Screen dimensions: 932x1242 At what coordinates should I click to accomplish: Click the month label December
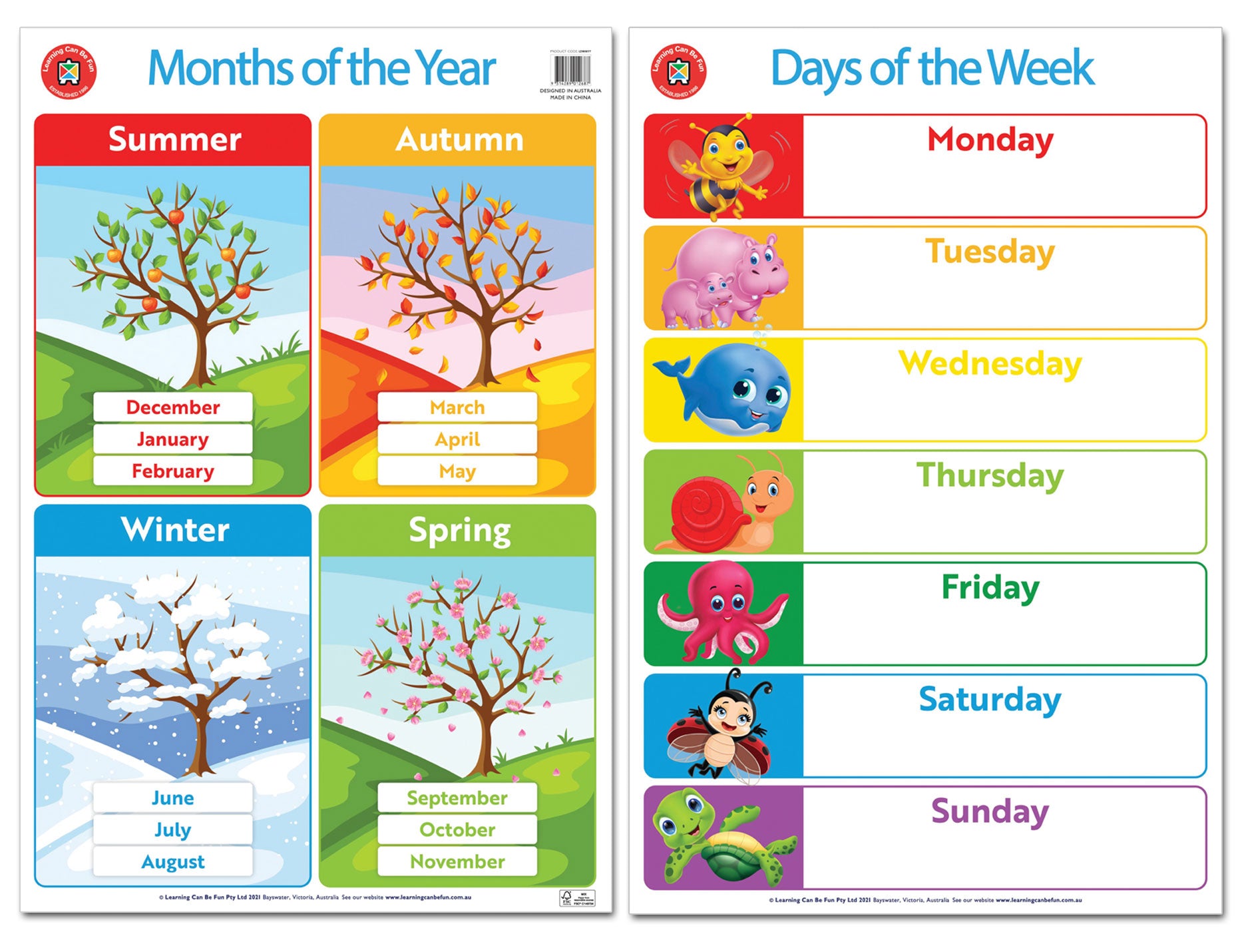pyautogui.click(x=172, y=407)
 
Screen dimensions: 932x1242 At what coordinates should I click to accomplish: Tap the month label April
pyautogui.click(x=457, y=439)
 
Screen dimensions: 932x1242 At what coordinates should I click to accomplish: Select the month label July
pyautogui.click(x=172, y=829)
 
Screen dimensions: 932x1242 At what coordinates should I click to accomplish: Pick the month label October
pyautogui.click(x=457, y=829)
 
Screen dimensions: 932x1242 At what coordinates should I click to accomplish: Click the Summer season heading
pyautogui.click(x=174, y=140)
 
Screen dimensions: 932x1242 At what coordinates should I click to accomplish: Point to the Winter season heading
pyautogui.click(x=175, y=530)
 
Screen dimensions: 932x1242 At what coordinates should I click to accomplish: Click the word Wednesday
pyautogui.click(x=990, y=364)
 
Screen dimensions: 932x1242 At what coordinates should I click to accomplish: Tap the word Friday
pyautogui.click(x=990, y=588)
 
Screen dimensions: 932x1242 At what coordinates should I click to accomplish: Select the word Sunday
pyautogui.click(x=990, y=812)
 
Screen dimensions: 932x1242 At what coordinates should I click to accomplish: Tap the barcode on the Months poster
pyautogui.click(x=570, y=69)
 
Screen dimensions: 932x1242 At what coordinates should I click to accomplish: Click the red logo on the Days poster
pyautogui.click(x=678, y=71)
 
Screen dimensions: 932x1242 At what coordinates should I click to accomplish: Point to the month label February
pyautogui.click(x=172, y=471)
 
